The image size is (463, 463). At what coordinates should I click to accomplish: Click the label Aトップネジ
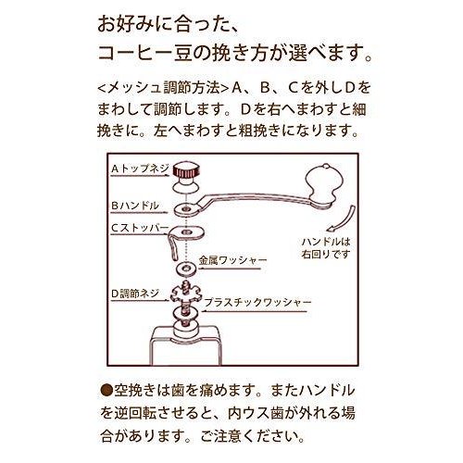(x=138, y=170)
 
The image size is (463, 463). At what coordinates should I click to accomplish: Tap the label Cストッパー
(x=139, y=225)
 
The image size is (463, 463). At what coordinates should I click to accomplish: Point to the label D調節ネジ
(x=135, y=293)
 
